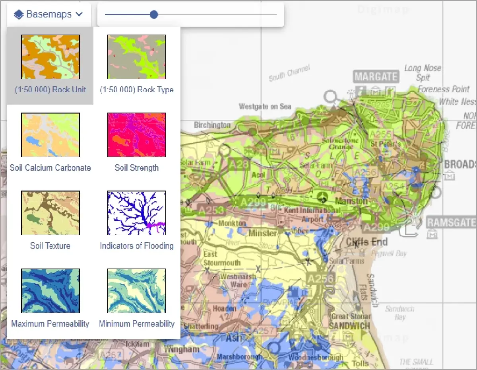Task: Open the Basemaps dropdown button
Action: [48, 15]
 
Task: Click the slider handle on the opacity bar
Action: [154, 15]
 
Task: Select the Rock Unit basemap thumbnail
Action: [50, 57]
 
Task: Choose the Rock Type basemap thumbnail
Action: [137, 57]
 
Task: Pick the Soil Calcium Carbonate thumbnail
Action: [50, 135]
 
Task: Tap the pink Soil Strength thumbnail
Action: [137, 135]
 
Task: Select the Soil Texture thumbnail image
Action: [50, 213]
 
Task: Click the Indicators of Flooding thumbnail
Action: [137, 213]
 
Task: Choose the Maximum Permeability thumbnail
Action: [50, 291]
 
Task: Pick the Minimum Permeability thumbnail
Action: [137, 291]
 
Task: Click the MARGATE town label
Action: [376, 76]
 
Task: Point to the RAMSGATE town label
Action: [451, 222]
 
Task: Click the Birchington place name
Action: [212, 125]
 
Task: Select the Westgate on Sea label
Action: [265, 107]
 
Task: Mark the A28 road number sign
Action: [239, 164]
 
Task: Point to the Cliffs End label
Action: [366, 242]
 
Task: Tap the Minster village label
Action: [262, 233]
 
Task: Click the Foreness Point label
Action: [444, 90]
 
